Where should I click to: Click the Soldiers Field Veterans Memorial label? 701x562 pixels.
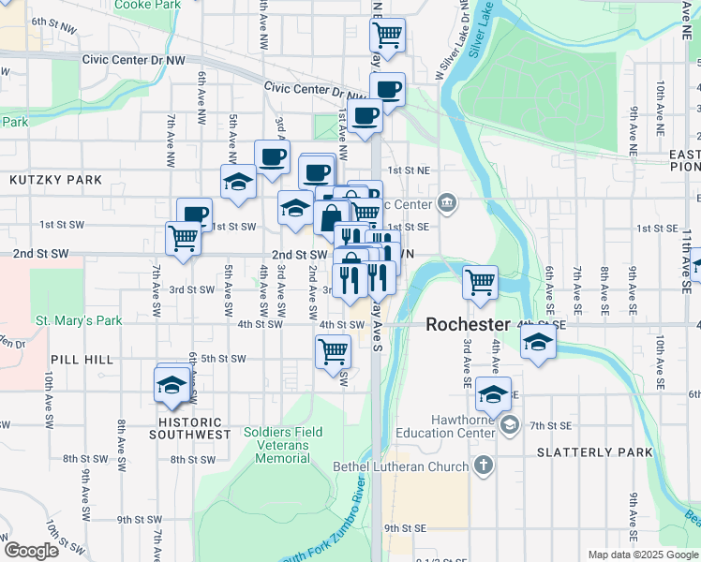pyautogui.click(x=282, y=445)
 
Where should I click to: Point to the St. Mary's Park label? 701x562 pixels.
pyautogui.click(x=80, y=320)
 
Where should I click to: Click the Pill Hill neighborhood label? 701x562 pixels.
pyautogui.click(x=82, y=359)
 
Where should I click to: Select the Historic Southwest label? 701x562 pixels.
pyautogui.click(x=187, y=435)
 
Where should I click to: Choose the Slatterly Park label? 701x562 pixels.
pyautogui.click(x=594, y=452)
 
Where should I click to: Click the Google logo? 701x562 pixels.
pyautogui.click(x=31, y=550)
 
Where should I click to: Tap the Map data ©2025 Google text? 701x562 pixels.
pyautogui.click(x=642, y=555)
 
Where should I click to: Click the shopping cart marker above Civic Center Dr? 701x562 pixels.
pyautogui.click(x=387, y=37)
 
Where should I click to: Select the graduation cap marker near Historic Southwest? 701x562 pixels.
pyautogui.click(x=172, y=384)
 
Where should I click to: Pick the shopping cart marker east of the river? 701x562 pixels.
pyautogui.click(x=480, y=280)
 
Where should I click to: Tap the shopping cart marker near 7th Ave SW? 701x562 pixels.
pyautogui.click(x=183, y=238)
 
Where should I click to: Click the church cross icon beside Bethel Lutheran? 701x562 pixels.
pyautogui.click(x=483, y=466)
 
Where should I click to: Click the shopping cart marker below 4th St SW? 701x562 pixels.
pyautogui.click(x=334, y=352)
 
